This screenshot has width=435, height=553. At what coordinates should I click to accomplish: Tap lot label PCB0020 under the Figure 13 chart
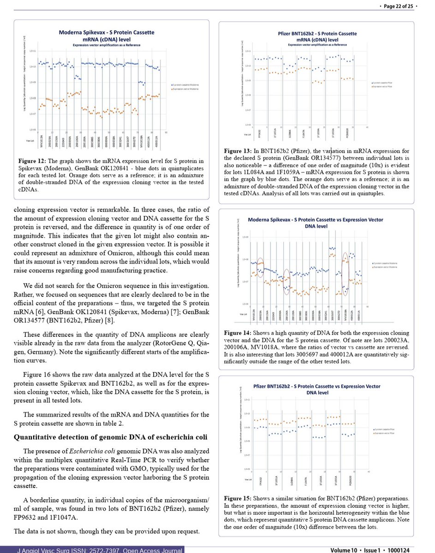click(x=347, y=134)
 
